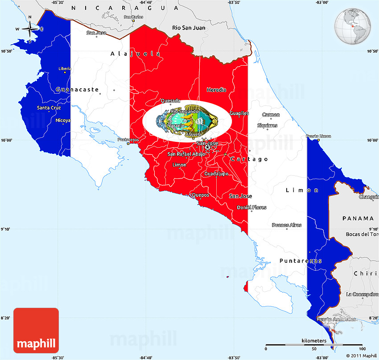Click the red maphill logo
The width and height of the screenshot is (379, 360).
point(36,330)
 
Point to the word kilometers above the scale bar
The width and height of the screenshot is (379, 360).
point(314,340)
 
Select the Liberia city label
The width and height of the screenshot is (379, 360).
point(65,68)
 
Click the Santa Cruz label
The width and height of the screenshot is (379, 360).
point(49,108)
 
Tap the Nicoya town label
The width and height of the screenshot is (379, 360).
point(63,120)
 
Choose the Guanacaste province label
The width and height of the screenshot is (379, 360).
point(78,90)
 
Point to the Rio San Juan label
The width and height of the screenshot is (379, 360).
point(189,28)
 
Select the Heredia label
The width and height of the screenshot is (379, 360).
point(216,90)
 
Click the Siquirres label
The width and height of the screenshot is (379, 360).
point(268,125)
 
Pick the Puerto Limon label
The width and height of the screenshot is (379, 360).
point(318,136)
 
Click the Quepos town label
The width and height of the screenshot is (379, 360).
point(200,194)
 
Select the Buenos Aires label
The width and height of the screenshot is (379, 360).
point(286,225)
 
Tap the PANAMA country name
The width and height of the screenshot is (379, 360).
point(358,218)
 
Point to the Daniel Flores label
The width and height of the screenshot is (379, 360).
point(251,207)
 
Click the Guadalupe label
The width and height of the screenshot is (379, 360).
point(216,174)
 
